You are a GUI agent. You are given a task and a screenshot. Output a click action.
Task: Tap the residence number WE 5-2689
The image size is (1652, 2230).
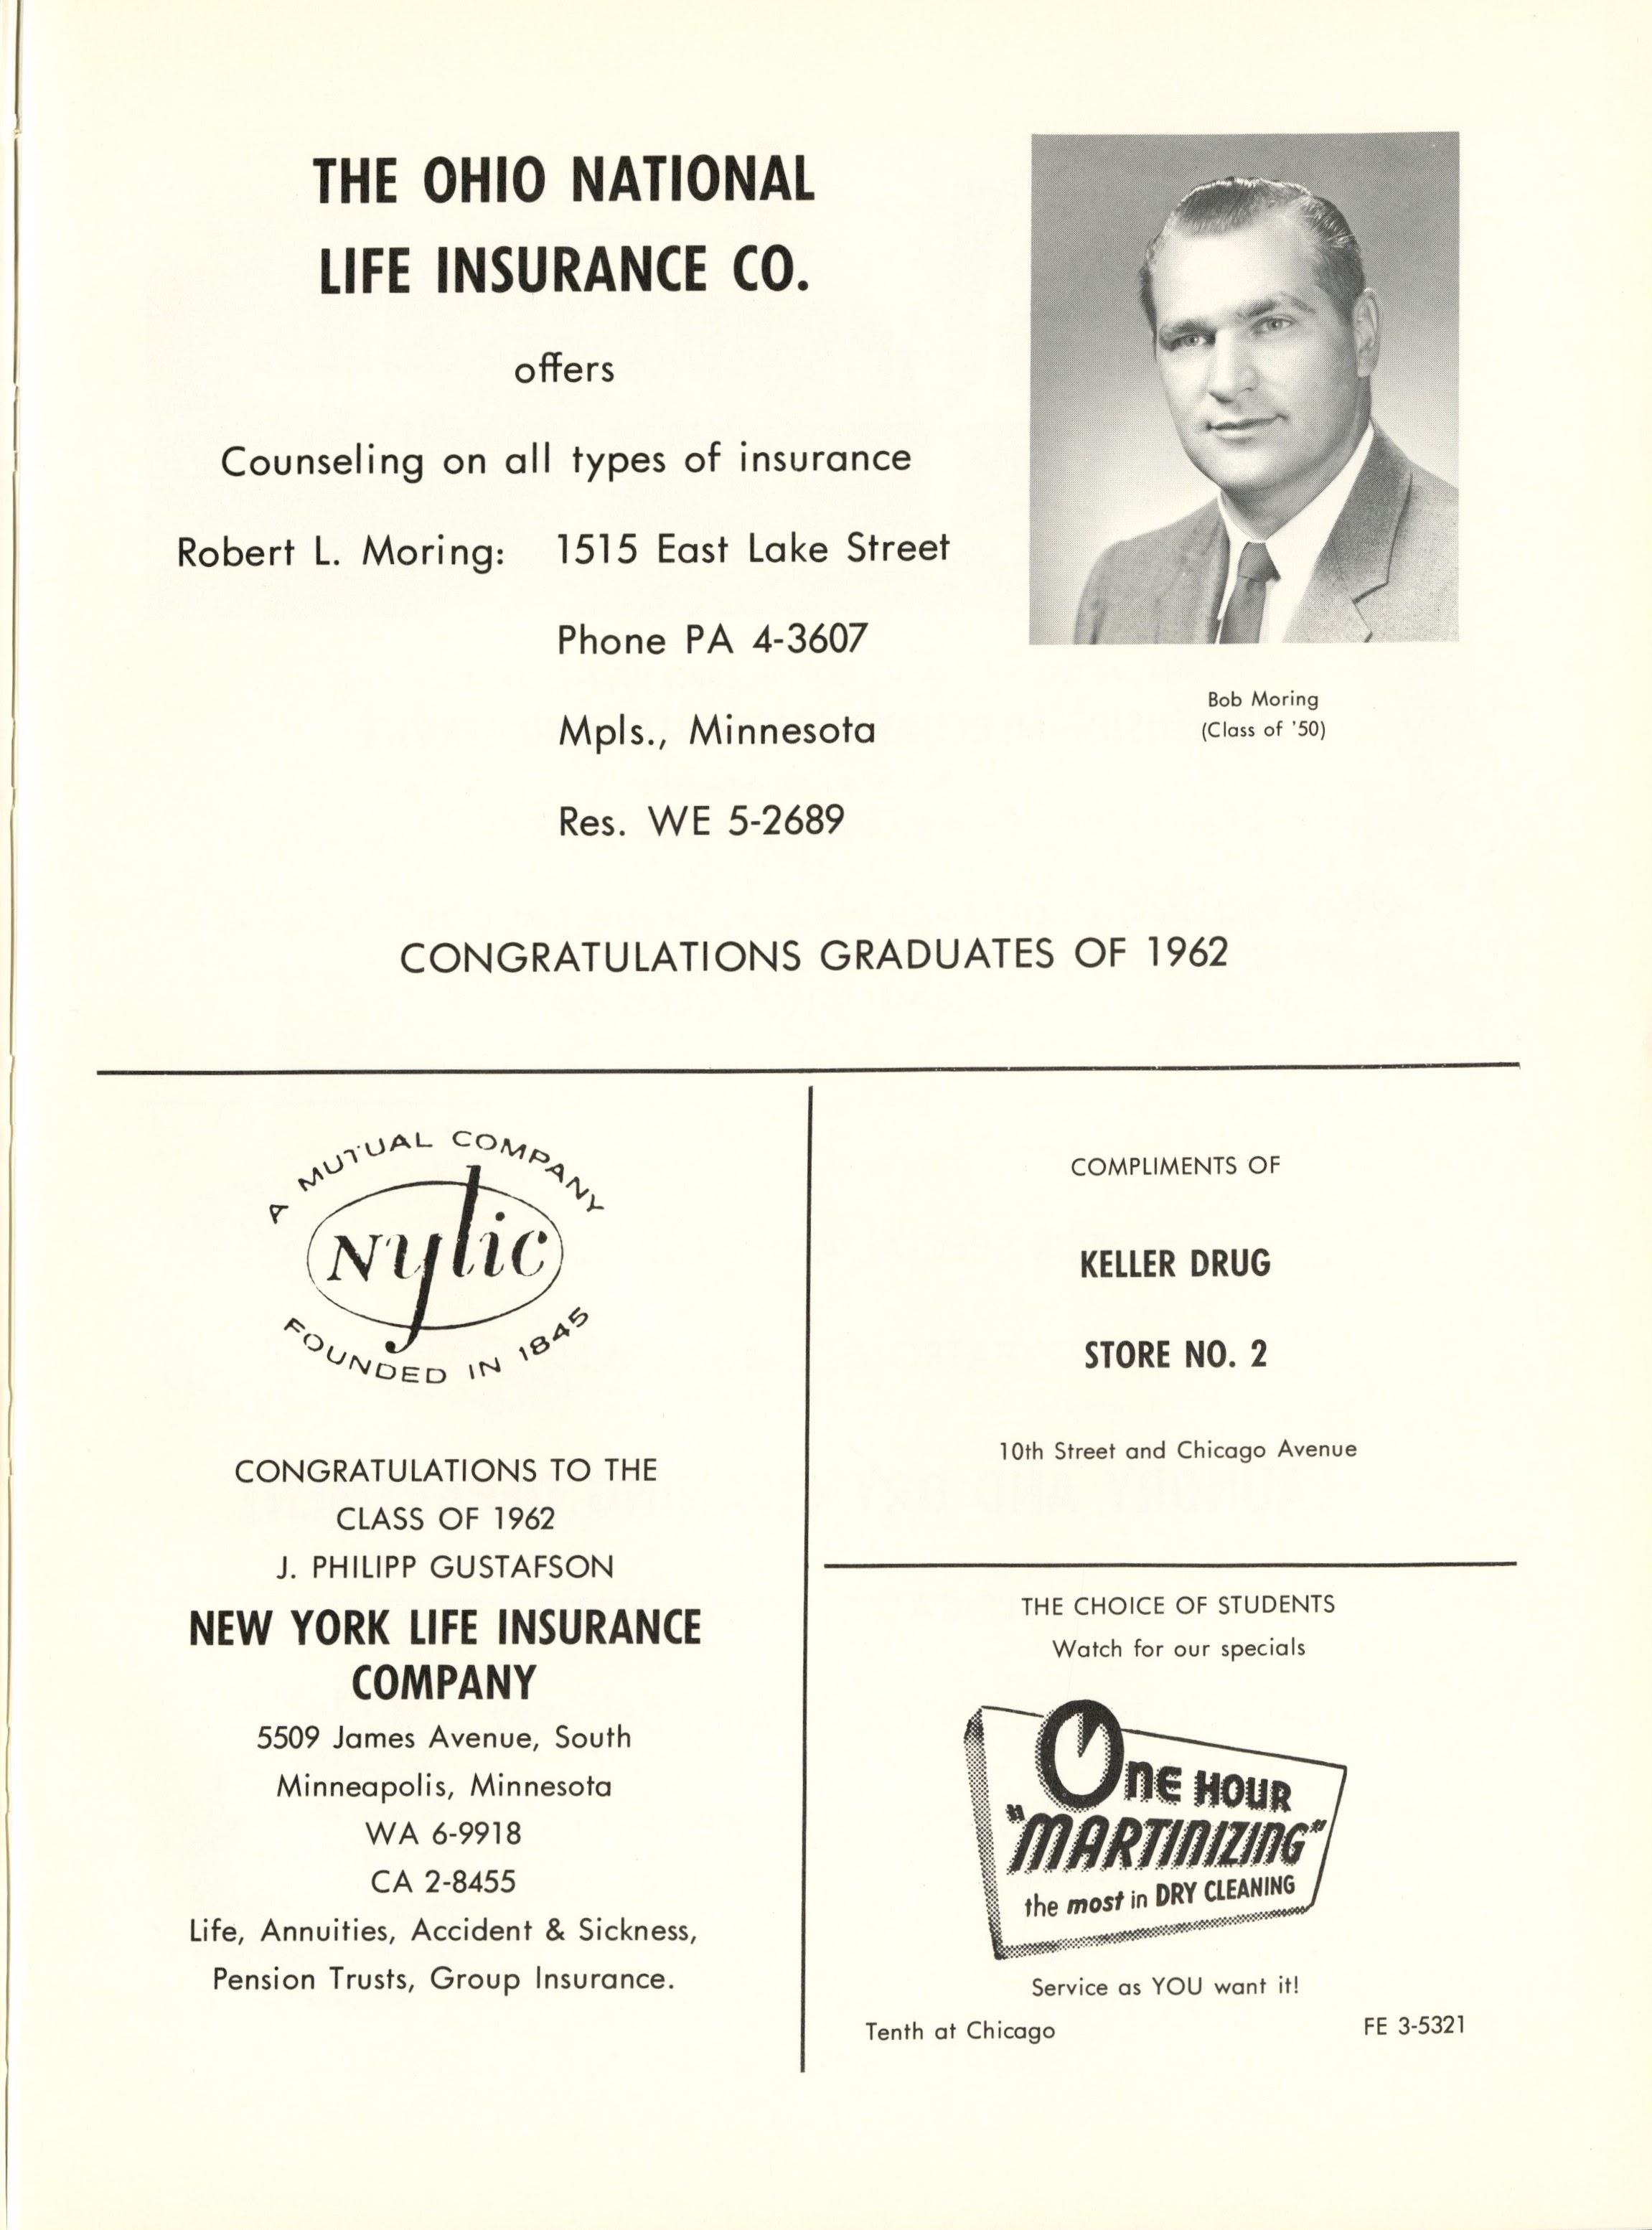point(746,821)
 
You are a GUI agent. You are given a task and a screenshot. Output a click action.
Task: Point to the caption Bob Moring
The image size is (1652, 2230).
point(1263,700)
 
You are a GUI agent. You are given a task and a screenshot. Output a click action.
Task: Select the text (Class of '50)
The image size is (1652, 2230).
point(1263,730)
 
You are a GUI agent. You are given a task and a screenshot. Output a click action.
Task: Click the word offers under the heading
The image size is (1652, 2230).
point(563,370)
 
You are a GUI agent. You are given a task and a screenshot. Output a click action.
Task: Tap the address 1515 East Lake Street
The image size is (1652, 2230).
point(752,548)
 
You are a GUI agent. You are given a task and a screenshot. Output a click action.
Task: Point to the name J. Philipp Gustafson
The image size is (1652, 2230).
point(444,1567)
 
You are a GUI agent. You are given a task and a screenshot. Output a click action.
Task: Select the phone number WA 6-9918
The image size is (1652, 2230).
point(444,1833)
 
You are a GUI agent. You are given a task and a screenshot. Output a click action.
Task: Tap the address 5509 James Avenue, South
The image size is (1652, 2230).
point(444,1737)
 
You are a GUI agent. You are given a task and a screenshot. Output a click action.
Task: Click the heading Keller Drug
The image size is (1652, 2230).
point(1175,1264)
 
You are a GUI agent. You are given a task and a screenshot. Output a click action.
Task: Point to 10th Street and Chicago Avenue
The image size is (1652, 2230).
point(1178,1449)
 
